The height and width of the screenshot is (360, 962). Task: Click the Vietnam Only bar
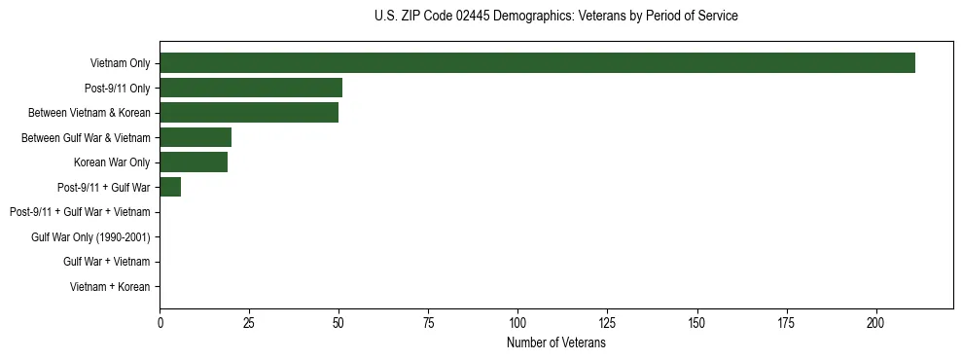coord(537,63)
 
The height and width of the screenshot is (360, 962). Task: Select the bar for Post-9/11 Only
coord(251,88)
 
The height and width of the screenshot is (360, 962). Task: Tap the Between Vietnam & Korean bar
coord(249,113)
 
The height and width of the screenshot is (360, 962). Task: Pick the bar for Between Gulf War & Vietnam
coord(196,137)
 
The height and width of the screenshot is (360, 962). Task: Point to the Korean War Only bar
coord(194,162)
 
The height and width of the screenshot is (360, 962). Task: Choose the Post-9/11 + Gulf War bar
coord(170,187)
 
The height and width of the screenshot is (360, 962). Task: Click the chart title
coord(555,17)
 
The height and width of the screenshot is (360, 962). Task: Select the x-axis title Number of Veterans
coord(555,343)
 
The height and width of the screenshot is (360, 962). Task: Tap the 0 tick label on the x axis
coord(160,322)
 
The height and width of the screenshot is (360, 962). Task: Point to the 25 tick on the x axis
coord(249,322)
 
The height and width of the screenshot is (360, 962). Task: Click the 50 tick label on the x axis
coord(338,322)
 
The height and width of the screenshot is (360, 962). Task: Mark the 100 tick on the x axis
coord(517,322)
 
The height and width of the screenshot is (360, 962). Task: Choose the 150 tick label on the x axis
coord(696,322)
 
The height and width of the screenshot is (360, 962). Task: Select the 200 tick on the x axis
coord(875,322)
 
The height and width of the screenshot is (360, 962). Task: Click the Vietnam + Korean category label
coord(110,287)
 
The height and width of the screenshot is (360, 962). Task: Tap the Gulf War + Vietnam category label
coord(106,262)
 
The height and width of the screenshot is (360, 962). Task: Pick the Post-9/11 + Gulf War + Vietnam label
coord(80,212)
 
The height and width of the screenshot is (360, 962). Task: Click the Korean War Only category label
coord(112,162)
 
